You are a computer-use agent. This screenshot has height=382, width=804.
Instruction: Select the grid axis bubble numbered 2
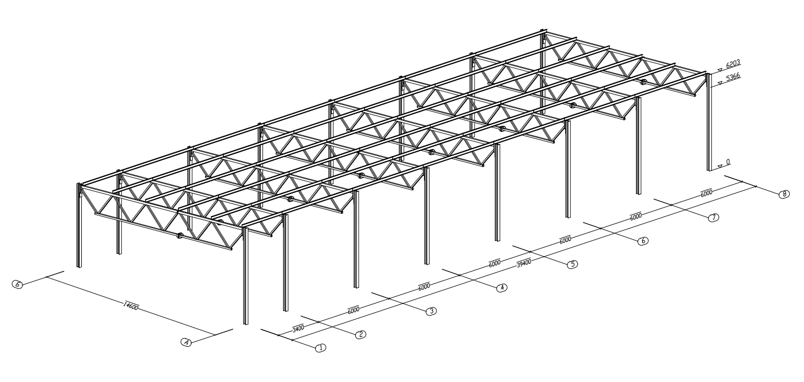361,334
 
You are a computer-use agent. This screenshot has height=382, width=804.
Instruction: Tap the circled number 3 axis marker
432,311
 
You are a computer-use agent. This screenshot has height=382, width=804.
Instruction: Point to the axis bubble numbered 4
501,287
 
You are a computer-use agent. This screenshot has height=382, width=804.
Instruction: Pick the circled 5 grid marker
572,264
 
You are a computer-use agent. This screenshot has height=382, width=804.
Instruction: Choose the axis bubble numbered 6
643,241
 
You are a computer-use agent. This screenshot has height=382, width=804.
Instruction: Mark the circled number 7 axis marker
713,218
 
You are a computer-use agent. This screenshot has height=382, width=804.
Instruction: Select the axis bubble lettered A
187,342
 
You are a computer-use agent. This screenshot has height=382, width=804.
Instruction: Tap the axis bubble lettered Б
18,284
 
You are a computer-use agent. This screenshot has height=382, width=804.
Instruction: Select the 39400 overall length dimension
523,263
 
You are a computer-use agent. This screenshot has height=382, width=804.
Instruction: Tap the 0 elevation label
728,163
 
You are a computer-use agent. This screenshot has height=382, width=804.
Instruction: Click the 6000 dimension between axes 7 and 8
706,192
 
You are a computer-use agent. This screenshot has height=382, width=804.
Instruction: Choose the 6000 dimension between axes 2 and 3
353,309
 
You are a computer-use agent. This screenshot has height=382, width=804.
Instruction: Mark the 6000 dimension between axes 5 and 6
565,239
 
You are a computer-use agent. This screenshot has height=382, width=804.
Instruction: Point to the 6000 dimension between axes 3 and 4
423,286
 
